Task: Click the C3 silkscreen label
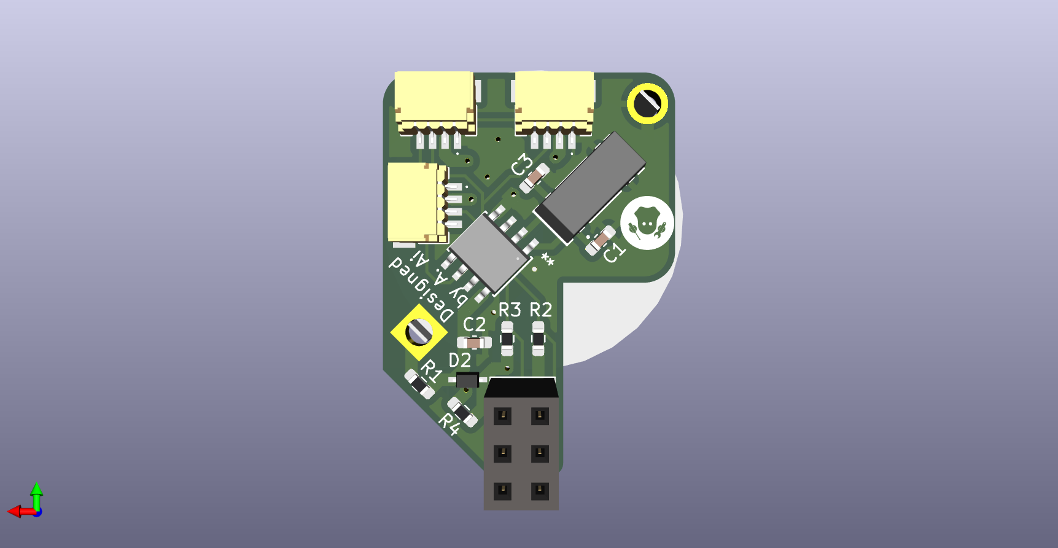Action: pos(521,165)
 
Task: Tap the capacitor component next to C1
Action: pos(601,240)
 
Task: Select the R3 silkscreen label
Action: pos(510,310)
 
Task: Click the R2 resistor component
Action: pos(538,339)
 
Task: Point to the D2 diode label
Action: pos(460,360)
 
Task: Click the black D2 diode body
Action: pos(467,380)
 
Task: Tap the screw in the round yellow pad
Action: pos(647,103)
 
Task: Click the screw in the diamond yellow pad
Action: pos(419,332)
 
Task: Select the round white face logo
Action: pos(647,223)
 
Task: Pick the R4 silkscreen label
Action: pos(449,423)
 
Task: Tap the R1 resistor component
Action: pos(419,384)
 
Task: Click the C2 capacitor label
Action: pos(474,324)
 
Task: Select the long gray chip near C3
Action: pos(589,187)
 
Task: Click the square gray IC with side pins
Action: pos(488,250)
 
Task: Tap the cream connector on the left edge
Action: pos(414,203)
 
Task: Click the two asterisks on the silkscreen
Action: pos(547,259)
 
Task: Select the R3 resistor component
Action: pos(507,339)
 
